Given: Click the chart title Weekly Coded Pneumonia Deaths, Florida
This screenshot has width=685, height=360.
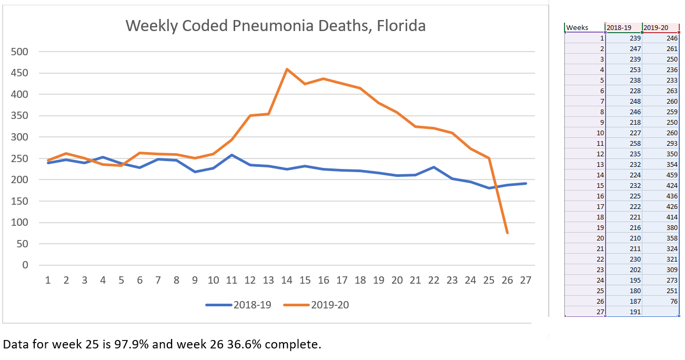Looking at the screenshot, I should coord(275,25).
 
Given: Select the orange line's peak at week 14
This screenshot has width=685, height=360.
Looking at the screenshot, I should coord(287,69).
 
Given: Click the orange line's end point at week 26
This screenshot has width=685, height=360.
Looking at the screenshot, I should coord(507,233).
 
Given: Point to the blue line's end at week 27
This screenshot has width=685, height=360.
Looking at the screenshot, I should coord(526,183).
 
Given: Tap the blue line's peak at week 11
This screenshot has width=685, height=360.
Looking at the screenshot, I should coord(231,155).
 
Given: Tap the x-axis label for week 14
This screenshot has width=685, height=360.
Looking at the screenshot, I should coord(287,281).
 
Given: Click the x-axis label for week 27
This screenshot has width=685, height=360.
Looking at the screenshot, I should coord(526,281).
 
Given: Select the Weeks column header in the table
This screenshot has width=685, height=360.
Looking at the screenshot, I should coord(577,28).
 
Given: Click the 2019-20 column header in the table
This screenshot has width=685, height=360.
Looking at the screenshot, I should coord(657,28).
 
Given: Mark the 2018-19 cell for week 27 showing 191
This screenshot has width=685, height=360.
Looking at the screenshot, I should coord(635,312).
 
